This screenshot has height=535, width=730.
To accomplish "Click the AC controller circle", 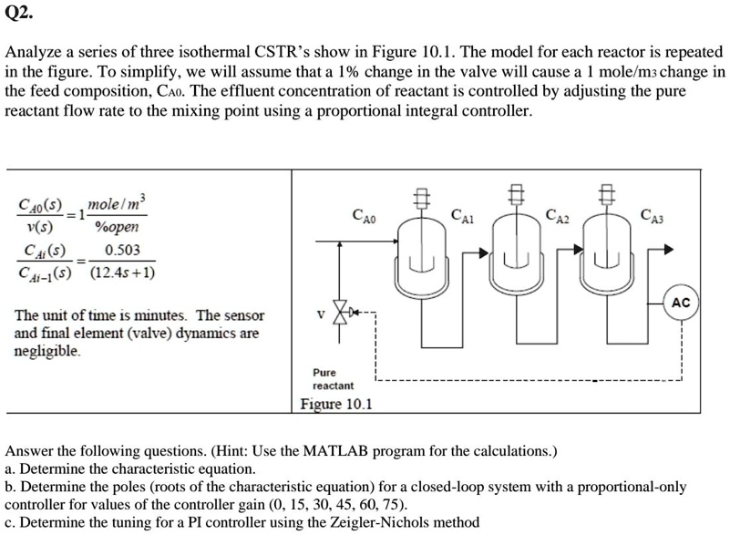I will (681, 303).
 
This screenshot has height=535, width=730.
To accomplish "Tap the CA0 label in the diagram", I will (362, 217).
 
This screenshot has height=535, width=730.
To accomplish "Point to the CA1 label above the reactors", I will (463, 216).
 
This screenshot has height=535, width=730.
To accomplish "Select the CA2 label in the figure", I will (557, 216).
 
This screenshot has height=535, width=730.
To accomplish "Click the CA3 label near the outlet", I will (653, 216).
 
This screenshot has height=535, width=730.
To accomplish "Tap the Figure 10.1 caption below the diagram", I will (336, 404).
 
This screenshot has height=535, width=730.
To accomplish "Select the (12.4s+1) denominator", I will (124, 273).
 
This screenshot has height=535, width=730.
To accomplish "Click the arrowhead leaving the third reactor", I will (668, 249).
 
